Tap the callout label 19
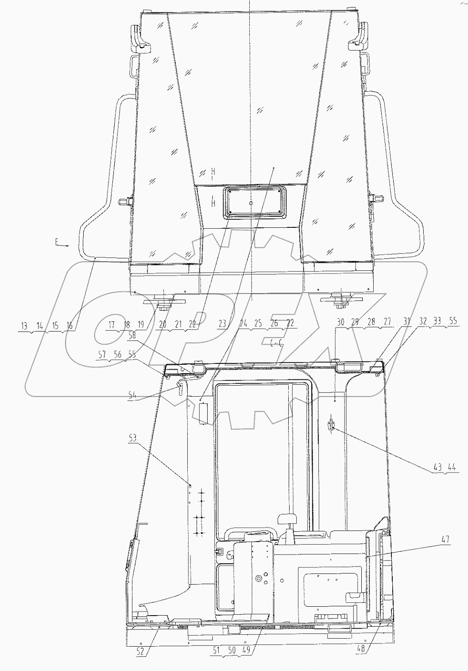click(141, 324)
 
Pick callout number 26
click(274, 324)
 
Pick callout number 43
click(438, 468)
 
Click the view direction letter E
click(57, 242)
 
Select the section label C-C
click(276, 342)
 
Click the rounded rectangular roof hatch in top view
click(251, 203)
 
